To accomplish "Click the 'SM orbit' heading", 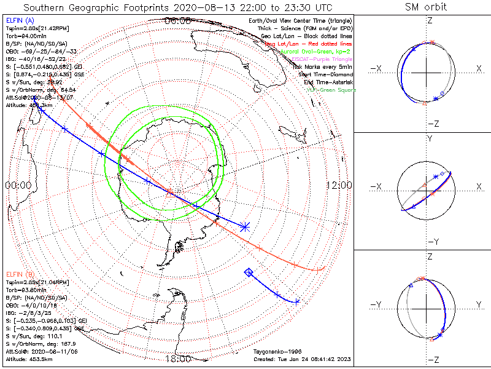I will point(426,7).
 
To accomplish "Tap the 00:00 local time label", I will point(18,185).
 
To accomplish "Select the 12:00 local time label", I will point(339,185).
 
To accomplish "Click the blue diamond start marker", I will point(249,272).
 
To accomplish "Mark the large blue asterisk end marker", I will point(245,227).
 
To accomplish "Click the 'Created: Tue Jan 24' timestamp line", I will point(301,359).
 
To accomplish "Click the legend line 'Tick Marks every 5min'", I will point(323,66).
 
